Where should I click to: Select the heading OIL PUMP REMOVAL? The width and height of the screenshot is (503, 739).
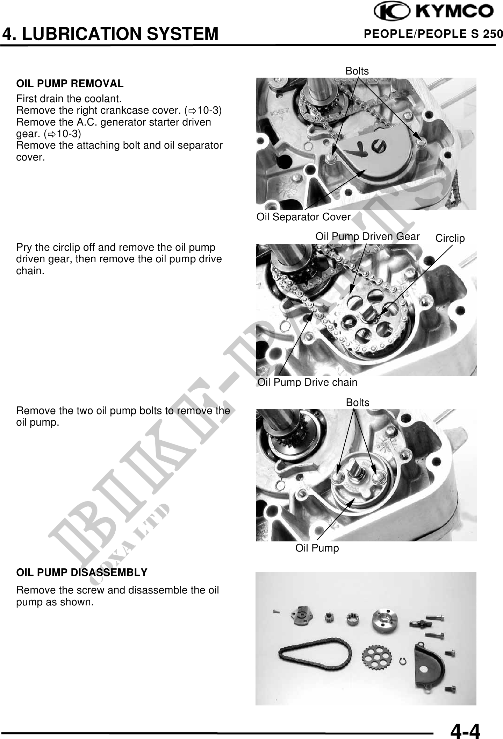tap(70, 84)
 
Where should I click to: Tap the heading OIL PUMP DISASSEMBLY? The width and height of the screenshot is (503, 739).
tap(82, 573)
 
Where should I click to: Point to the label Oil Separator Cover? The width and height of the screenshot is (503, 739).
tap(303, 217)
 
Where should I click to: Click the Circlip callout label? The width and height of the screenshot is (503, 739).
tap(450, 239)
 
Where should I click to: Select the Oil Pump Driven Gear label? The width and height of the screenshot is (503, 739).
tap(367, 237)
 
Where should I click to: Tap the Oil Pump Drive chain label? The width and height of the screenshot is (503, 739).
tap(308, 382)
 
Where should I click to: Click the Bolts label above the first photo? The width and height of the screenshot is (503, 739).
tap(357, 71)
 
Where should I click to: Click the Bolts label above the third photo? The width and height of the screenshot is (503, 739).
tap(358, 403)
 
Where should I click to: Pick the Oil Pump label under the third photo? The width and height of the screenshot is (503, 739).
tap(317, 548)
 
